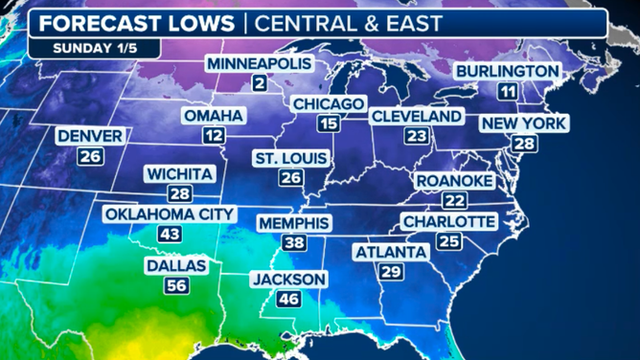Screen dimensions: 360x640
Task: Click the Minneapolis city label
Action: click(x=260, y=63)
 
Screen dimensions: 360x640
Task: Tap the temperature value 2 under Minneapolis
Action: click(x=260, y=83)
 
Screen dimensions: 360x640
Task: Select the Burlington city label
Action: click(x=507, y=71)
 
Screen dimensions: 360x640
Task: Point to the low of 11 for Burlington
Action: click(x=508, y=91)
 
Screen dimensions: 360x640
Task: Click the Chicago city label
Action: click(x=329, y=103)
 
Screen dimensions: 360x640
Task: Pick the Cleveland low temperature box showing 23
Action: click(x=416, y=136)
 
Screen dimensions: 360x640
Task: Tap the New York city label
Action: click(x=524, y=124)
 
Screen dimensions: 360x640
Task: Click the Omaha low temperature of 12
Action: click(x=215, y=136)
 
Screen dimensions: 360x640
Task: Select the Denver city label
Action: click(x=90, y=137)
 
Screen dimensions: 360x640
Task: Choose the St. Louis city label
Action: click(x=291, y=158)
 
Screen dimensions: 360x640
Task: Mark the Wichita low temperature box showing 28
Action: click(x=180, y=194)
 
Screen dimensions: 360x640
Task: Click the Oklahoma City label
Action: click(x=169, y=214)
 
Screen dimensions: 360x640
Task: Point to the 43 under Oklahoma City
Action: click(x=170, y=234)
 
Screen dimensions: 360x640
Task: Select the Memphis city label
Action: click(x=294, y=223)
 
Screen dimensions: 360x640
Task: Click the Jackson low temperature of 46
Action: click(x=289, y=299)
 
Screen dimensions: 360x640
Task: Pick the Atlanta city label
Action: click(x=390, y=252)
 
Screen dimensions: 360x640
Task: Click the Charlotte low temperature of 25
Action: click(x=447, y=241)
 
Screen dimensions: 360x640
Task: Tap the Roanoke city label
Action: click(x=454, y=181)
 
